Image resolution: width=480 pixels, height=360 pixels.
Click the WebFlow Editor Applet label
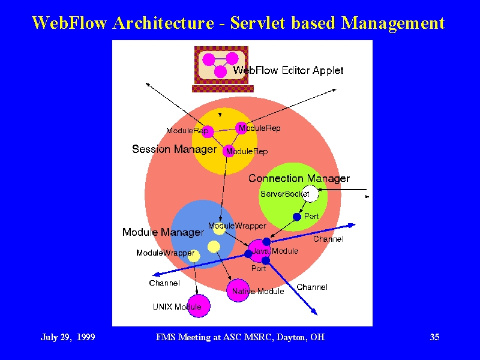coord(288,70)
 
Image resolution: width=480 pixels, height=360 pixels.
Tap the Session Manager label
coord(174,149)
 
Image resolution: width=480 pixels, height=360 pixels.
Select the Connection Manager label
coord(299,178)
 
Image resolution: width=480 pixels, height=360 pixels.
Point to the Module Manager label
coord(163,232)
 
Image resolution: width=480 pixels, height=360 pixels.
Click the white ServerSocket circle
coord(310,194)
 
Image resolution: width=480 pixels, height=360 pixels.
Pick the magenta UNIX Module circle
coord(199,306)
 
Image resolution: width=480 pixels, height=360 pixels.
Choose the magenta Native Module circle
coord(238,290)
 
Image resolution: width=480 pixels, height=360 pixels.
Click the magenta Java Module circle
coord(259,251)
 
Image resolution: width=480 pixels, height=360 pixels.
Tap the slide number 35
coord(434,337)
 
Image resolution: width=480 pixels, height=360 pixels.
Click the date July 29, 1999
coord(68,337)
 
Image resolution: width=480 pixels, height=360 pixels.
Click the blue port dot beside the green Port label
coord(297,217)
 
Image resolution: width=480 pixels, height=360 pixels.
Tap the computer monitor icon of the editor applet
coord(223,69)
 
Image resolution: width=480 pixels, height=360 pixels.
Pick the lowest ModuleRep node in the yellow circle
coord(229,151)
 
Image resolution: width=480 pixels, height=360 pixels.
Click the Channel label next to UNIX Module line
coord(164,283)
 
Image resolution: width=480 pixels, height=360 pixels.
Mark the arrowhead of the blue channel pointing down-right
coord(314,312)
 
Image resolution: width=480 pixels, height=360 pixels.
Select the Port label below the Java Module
coord(259,268)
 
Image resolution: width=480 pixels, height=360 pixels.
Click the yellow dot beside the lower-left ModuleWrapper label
coord(194,256)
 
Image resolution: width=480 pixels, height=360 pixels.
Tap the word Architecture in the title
coord(163,23)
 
